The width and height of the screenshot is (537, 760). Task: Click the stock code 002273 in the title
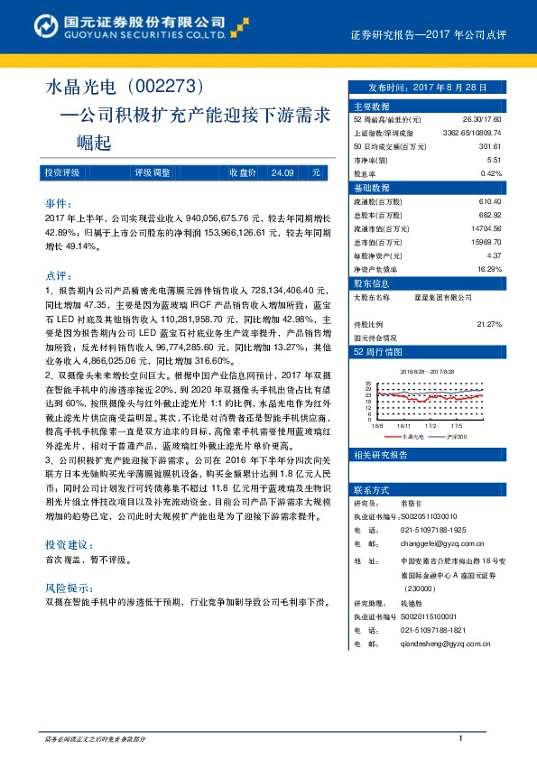tap(170, 88)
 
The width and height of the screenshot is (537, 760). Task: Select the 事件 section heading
tap(61, 204)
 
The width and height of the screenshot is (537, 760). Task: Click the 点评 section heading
tap(61, 275)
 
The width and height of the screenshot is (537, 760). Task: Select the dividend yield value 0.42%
tap(490, 173)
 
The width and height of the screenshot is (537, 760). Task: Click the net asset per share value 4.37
tap(494, 255)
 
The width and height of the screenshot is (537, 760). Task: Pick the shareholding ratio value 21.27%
tap(488, 323)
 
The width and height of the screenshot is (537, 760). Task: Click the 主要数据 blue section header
tap(374, 106)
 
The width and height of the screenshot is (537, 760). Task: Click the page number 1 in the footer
tap(460, 738)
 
